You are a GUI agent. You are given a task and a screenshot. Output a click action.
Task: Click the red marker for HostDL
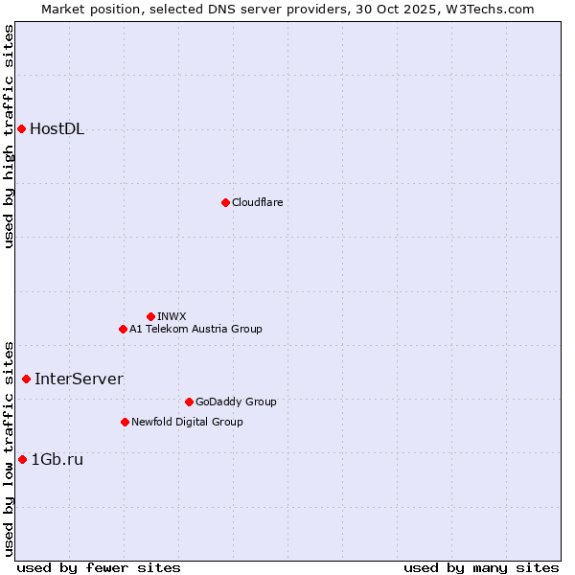(21, 128)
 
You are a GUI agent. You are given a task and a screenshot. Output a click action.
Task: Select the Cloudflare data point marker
(225, 202)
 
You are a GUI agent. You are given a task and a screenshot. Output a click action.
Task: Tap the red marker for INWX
(150, 316)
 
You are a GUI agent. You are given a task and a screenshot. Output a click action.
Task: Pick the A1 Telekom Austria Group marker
(123, 329)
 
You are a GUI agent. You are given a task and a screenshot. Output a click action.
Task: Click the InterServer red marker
(26, 379)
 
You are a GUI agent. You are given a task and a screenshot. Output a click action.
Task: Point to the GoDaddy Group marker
(189, 402)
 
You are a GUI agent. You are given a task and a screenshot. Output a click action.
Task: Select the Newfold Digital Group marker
(125, 422)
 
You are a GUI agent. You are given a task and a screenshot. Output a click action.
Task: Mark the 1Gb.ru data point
(22, 459)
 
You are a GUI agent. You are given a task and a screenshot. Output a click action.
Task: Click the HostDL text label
(57, 129)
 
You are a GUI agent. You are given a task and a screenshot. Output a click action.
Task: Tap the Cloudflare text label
(257, 202)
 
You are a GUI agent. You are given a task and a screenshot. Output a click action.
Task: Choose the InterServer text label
(79, 379)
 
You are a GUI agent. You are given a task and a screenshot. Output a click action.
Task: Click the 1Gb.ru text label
(57, 459)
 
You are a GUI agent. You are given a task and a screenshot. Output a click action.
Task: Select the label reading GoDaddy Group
(236, 402)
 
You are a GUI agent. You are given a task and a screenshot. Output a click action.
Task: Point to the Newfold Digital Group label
(187, 422)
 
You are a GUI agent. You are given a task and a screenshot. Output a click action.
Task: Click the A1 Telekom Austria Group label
(195, 329)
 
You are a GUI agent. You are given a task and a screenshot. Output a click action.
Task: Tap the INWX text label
(172, 316)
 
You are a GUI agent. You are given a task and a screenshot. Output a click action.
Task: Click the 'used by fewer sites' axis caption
(99, 567)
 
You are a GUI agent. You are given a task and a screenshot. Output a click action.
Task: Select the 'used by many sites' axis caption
(481, 567)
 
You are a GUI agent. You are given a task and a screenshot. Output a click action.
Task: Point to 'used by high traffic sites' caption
(9, 136)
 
